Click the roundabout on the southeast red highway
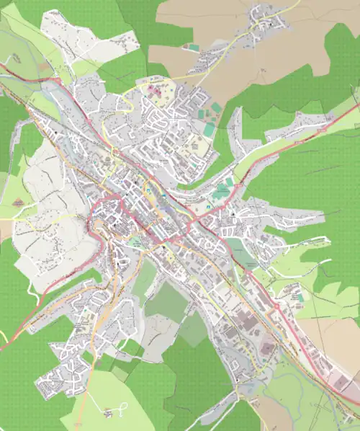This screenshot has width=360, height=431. [x=276, y=306]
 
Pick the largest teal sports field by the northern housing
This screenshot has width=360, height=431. [x=208, y=130]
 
